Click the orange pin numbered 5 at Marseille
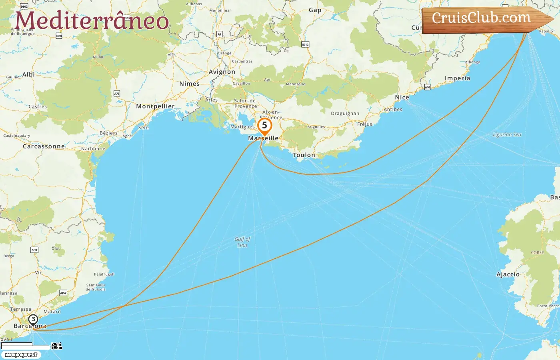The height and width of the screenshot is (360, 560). (x=264, y=126)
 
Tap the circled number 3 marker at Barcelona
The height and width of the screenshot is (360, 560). (x=33, y=320)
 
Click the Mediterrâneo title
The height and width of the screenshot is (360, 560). (x=92, y=20)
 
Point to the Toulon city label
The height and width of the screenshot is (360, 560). (x=304, y=155)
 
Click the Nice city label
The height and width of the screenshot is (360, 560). (x=402, y=97)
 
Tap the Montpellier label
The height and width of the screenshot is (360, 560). (x=155, y=106)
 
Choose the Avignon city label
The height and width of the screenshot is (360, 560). (x=222, y=72)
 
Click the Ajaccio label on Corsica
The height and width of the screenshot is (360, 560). (x=508, y=274)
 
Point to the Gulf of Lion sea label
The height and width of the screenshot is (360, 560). (x=242, y=242)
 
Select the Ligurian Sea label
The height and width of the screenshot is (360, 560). (x=507, y=135)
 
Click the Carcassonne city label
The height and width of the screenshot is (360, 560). (x=44, y=146)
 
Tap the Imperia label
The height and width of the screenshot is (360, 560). (x=457, y=78)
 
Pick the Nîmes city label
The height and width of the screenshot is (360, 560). (x=189, y=84)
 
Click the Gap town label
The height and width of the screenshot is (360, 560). (x=315, y=10)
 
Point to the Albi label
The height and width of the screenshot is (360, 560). (x=28, y=74)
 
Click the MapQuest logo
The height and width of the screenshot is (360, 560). (x=21, y=355)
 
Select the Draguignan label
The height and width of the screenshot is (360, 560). (x=345, y=114)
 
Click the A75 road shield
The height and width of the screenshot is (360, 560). (x=117, y=94)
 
